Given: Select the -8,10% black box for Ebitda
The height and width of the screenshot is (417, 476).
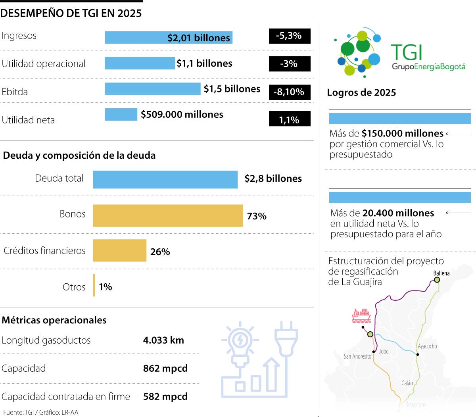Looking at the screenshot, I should [x=289, y=92].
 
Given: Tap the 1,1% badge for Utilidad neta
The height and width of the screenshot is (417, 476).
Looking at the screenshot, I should [x=289, y=119].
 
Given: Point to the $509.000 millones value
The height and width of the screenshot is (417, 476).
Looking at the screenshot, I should [x=182, y=115].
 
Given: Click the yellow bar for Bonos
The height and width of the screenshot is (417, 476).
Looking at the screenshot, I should [x=167, y=216].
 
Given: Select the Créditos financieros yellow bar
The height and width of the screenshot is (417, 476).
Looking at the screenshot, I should [x=119, y=250].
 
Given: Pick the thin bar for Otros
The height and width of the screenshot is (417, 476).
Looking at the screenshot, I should [x=94, y=285].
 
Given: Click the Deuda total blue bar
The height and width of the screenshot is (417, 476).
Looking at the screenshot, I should [x=165, y=179].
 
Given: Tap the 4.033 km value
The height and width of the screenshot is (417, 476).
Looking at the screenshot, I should [x=163, y=340].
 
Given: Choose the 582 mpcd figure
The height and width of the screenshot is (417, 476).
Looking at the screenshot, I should [x=165, y=397].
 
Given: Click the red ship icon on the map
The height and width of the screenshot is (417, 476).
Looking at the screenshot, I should [x=361, y=316].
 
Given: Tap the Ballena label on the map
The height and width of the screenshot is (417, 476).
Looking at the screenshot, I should [x=441, y=273].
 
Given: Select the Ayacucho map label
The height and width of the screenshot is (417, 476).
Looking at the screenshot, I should [x=427, y=346].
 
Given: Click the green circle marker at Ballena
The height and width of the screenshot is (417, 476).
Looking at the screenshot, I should [x=437, y=280].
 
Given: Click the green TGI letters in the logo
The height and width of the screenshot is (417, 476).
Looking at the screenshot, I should [x=406, y=52].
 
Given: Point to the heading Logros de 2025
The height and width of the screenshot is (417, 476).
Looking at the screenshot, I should [x=361, y=93].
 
